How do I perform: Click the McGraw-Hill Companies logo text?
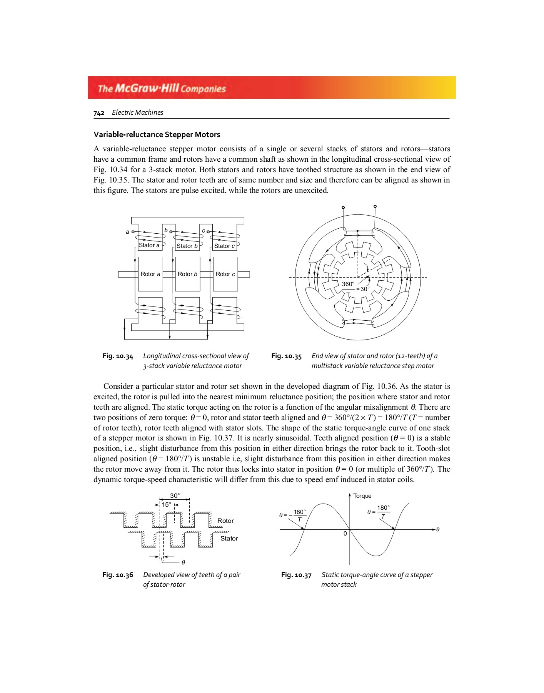162,88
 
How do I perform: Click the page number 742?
99,113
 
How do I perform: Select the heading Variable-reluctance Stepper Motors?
157,134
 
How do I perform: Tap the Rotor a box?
150,274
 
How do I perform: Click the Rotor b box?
187,274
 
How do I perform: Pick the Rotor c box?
225,274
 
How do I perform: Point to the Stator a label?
149,245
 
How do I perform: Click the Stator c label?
224,246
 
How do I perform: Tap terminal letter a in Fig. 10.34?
127,232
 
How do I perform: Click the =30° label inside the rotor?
363,289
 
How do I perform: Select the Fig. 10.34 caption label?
118,356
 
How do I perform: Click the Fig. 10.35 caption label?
286,356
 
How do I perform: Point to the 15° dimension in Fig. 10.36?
167,504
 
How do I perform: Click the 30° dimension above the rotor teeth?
175,496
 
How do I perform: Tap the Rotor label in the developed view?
225,521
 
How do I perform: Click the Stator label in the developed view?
229,538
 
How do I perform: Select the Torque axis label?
362,496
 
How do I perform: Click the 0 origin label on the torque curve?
345,534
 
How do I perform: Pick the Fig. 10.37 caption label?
296,575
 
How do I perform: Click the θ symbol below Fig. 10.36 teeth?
183,562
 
